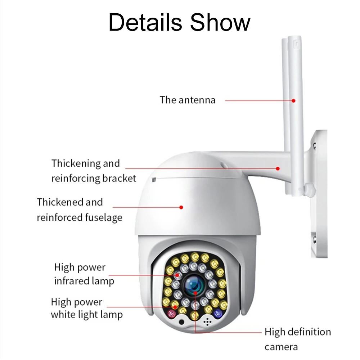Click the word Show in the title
click(220, 22)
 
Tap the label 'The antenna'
click(188, 100)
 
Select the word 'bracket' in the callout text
click(119, 178)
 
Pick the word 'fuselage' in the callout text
click(104, 218)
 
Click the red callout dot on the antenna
click(294, 100)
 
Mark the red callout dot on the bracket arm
click(278, 168)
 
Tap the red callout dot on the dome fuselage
click(182, 207)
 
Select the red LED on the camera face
click(172, 313)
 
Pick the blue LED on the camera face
click(217, 313)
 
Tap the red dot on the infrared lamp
click(178, 275)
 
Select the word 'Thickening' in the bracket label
click(76, 163)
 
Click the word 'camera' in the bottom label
click(281, 347)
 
